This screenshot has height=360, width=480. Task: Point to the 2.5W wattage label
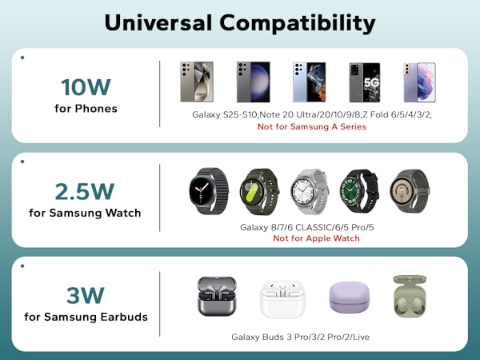85,191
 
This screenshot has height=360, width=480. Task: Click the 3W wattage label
86,295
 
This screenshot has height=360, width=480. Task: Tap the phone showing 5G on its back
365,82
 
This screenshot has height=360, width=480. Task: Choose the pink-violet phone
419,82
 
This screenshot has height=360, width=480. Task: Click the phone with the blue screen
309,82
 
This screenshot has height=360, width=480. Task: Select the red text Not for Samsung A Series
312,127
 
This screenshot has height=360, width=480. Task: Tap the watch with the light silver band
308,190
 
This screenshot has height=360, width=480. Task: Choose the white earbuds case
282,298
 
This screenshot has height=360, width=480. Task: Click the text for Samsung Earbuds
86,317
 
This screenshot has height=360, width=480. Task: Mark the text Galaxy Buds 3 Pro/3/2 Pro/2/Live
301,338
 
